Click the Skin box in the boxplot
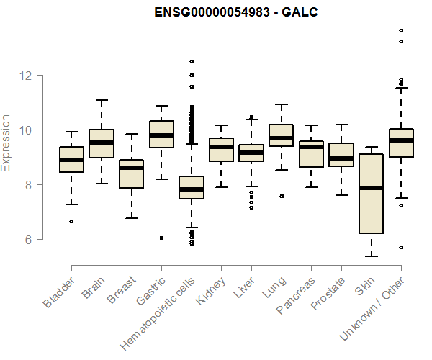(x=372, y=193)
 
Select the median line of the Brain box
(x=102, y=143)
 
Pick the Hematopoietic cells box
(x=192, y=187)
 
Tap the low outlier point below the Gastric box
(x=161, y=238)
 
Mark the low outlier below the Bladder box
(x=71, y=221)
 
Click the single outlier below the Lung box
(x=282, y=196)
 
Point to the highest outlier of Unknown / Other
(x=401, y=30)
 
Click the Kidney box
(x=221, y=150)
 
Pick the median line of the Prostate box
(x=341, y=158)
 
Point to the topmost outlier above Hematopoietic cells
(x=192, y=61)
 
